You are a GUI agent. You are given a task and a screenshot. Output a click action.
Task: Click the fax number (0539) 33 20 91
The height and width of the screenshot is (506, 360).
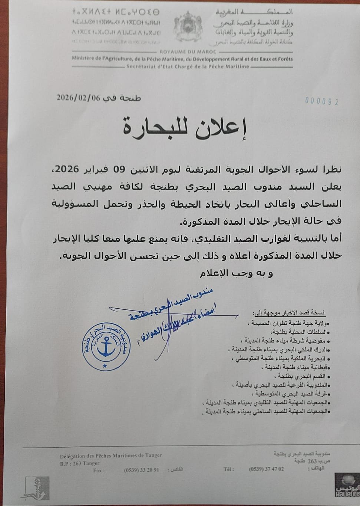[142, 470]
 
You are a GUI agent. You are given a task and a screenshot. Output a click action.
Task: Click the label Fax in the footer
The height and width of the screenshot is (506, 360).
[99, 470]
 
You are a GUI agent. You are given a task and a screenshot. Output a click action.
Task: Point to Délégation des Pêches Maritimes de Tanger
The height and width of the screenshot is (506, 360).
[111, 456]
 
